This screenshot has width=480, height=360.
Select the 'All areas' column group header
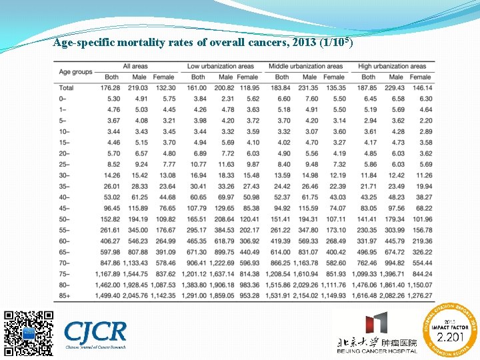click(135, 66)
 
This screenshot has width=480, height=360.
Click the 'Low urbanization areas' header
click(221, 66)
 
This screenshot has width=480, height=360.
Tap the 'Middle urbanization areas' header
click(305, 66)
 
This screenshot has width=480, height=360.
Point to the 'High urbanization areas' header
click(392, 66)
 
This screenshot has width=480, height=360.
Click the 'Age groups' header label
click(76, 71)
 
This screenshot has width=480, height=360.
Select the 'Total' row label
click(67, 88)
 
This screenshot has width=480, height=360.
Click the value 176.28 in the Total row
click(110, 88)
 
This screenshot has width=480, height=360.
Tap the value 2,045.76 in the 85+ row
click(135, 295)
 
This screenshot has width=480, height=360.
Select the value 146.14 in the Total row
click(421, 88)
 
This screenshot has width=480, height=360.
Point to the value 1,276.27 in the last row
click(419, 295)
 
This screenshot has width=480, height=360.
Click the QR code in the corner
click(28, 332)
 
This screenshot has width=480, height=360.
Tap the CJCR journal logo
click(95, 331)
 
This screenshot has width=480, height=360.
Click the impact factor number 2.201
click(450, 337)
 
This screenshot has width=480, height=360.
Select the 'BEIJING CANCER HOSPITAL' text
click(377, 351)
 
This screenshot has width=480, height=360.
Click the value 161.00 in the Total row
click(197, 88)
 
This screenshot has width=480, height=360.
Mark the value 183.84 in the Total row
click(281, 88)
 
